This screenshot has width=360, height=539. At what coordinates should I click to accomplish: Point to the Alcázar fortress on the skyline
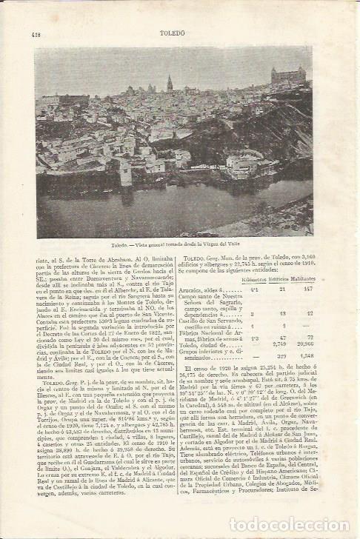tap(287, 75)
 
